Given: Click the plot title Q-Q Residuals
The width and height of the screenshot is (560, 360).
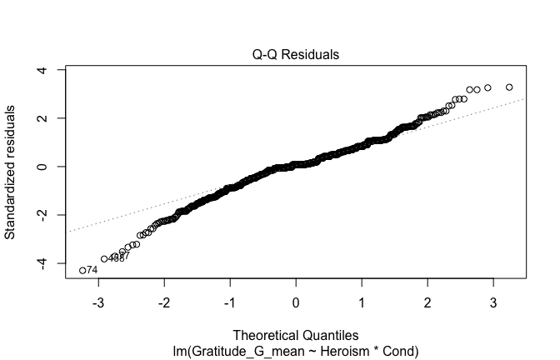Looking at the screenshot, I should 296,55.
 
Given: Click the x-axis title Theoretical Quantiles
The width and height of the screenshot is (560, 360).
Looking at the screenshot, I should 296,337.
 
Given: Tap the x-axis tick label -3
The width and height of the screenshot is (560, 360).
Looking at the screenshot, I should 99,299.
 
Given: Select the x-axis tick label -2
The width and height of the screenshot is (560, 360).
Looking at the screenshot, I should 165,299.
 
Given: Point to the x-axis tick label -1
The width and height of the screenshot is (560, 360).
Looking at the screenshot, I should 230,299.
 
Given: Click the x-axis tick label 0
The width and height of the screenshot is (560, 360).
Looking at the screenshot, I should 296,299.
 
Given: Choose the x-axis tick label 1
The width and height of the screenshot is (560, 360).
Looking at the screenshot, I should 362,299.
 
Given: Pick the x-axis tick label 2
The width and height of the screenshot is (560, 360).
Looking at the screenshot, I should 427,299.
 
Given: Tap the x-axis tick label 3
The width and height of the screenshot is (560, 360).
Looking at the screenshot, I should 492,299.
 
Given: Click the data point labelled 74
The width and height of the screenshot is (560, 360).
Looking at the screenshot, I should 82,270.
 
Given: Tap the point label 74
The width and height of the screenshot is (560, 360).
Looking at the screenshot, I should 92,271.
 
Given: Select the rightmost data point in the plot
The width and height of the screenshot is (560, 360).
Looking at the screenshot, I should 509,87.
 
